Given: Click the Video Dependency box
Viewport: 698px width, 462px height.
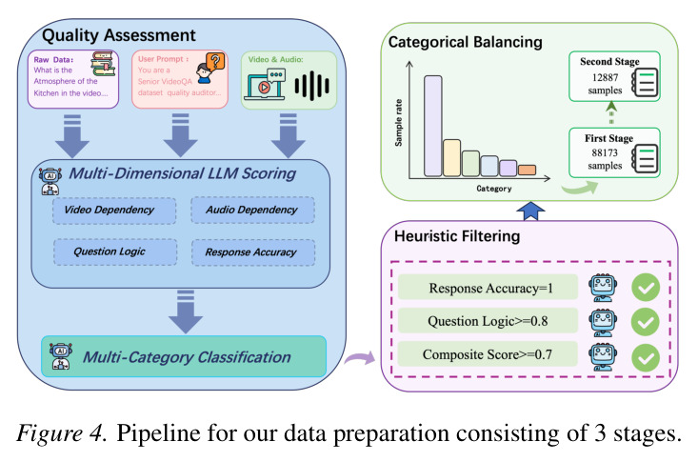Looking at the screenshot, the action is [114, 211].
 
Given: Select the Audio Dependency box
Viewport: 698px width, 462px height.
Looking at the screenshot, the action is [252, 210].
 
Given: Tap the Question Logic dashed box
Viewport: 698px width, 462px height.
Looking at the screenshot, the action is [115, 252].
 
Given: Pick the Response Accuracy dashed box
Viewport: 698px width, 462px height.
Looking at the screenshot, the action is [253, 252].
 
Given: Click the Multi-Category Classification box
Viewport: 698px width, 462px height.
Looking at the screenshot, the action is [184, 356].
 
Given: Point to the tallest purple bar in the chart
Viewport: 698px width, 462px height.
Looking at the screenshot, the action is [432, 126].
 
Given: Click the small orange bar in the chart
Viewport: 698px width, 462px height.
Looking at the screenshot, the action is [527, 170].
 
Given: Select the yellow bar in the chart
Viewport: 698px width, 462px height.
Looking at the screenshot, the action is [451, 158].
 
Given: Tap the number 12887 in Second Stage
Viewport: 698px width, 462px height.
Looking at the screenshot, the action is [605, 77].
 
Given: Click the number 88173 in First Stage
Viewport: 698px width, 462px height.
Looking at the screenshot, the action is [605, 152].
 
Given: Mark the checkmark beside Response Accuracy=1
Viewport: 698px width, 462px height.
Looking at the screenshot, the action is [646, 288].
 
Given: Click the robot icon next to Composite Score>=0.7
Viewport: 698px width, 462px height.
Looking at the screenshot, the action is [602, 357].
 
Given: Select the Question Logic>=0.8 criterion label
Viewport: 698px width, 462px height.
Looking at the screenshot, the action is [488, 321].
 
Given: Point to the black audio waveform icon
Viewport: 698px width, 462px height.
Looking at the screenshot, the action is [312, 85].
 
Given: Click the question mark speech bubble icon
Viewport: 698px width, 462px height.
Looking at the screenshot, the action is [215, 61].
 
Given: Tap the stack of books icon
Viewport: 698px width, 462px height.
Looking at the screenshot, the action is [104, 64].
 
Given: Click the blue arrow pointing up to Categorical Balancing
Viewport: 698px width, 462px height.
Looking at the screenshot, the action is [530, 211].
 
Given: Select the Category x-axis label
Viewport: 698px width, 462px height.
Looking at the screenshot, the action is [493, 189].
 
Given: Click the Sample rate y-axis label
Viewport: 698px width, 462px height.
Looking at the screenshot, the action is [398, 123].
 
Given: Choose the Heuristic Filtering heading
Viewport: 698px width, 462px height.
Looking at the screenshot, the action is [457, 235].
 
